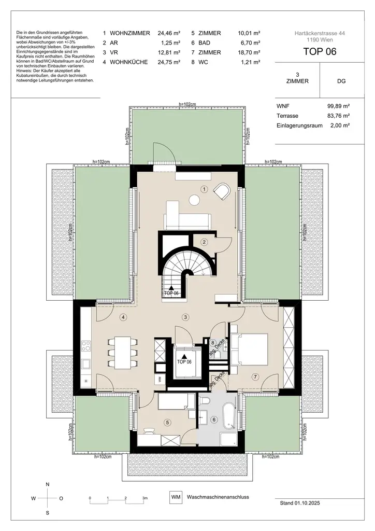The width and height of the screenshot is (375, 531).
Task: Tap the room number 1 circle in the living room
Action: coord(205,190)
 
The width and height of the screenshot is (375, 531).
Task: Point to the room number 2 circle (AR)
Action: coord(205,242)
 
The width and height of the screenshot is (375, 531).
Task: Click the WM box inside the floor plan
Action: coord(160,379)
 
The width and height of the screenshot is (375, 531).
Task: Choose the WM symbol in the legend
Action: coord(176,497)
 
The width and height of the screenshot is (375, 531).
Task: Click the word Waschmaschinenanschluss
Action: coord(218,497)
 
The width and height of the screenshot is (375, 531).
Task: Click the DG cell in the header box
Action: coord(341,81)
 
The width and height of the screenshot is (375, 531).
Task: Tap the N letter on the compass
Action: coord(48,484)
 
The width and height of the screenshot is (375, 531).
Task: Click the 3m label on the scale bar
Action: coord(145,498)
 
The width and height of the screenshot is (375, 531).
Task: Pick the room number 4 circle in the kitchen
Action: coord(123,317)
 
